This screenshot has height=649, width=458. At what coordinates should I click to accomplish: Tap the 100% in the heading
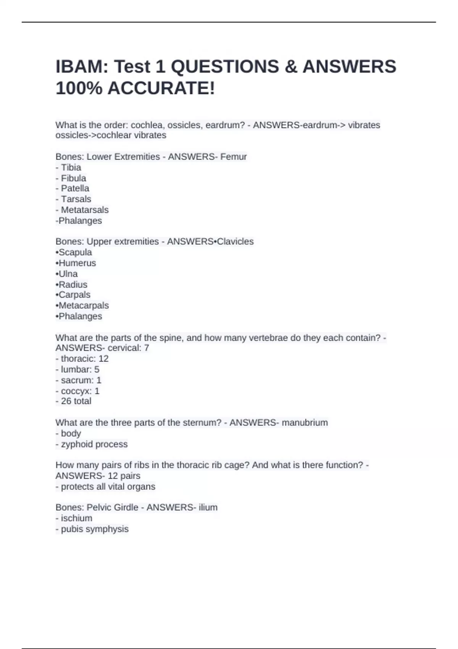[79, 89]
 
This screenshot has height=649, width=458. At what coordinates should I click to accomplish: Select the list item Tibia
[71, 168]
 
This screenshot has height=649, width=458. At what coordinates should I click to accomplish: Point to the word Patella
[75, 188]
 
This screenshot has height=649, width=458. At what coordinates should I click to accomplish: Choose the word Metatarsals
[85, 210]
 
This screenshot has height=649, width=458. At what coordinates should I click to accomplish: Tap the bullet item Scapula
[75, 252]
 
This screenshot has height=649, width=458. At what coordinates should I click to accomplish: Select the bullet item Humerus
[77, 263]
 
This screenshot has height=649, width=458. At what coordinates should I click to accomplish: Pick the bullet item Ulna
[68, 274]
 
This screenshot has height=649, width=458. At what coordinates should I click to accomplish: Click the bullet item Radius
[73, 284]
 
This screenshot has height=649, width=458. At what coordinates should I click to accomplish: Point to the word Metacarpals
[84, 305]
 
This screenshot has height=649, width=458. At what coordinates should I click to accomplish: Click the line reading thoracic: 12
[85, 359]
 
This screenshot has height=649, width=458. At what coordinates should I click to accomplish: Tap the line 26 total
[76, 401]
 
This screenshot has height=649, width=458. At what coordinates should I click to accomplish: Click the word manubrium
[305, 423]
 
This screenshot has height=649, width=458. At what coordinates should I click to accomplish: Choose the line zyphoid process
[94, 444]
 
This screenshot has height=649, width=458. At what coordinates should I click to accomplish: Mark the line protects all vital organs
[108, 487]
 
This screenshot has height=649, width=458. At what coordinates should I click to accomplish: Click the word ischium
[76, 518]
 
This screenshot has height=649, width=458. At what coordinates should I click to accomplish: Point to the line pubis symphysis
[95, 529]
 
